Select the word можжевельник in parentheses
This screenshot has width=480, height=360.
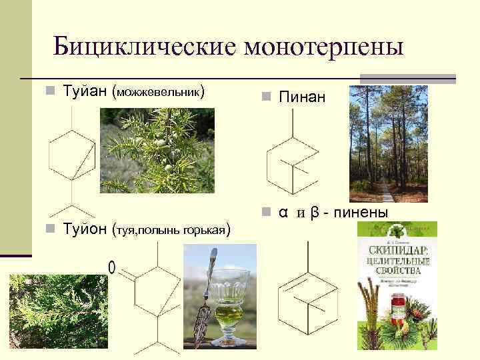[159, 91]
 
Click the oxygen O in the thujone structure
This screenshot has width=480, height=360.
[111, 267]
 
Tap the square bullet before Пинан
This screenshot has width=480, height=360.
[265, 98]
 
